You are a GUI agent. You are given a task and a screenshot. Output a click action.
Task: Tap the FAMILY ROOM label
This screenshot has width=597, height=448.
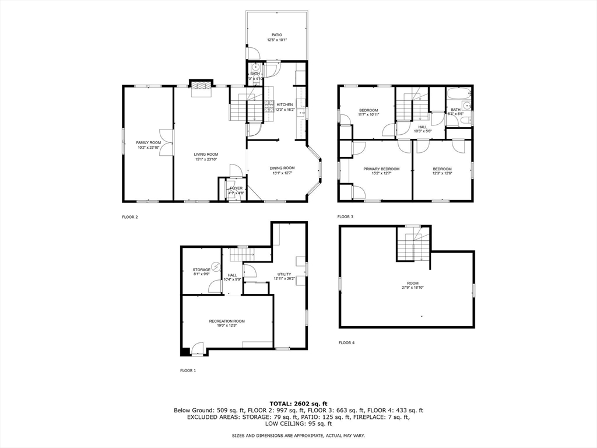tap(149, 142)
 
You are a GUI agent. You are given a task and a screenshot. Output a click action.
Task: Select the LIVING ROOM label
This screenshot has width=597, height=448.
tap(206, 154)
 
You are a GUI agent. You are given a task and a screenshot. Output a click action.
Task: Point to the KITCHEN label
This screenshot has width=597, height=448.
tap(285, 104)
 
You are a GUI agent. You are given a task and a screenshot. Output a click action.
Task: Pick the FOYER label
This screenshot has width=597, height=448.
tap(236, 188)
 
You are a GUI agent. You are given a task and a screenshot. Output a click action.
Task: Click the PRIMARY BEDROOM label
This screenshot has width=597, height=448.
tap(381, 169)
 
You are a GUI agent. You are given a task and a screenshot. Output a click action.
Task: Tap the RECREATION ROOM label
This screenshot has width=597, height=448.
tap(227, 321)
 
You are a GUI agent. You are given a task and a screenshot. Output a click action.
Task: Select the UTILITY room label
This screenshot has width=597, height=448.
tap(284, 274)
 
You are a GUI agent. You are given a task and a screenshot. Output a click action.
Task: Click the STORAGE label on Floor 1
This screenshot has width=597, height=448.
tap(202, 269)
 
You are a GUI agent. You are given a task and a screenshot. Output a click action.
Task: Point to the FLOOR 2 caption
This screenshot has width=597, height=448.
tap(130, 217)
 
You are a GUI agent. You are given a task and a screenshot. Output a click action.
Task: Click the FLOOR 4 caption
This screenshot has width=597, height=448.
tap(346, 342)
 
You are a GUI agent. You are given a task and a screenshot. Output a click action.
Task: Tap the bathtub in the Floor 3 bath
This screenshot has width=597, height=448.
tap(459, 93)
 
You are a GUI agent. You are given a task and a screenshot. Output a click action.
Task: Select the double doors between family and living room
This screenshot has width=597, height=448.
tap(168, 142)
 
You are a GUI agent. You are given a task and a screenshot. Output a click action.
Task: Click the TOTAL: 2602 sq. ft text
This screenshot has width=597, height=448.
tap(298, 403)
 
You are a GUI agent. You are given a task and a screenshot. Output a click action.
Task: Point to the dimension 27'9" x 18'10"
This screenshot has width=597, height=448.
tap(413, 288)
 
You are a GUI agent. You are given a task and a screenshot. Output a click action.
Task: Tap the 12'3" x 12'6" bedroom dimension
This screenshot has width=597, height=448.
tap(442, 173)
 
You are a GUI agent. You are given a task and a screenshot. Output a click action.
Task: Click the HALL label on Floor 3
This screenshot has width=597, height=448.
tap(422, 127)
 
